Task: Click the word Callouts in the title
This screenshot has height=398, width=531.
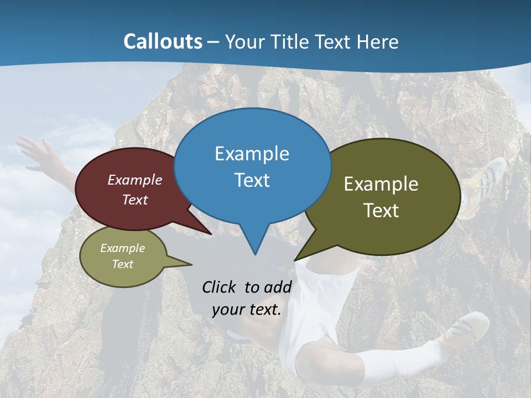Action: (163, 41)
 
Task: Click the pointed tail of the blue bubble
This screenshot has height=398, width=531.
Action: (254, 243)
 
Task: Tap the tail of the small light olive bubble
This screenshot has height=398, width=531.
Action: (180, 263)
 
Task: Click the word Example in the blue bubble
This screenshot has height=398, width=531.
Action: (252, 154)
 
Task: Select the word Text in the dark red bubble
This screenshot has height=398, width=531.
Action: (135, 200)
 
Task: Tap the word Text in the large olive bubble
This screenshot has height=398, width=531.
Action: (381, 211)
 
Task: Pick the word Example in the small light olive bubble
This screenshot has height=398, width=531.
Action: (122, 248)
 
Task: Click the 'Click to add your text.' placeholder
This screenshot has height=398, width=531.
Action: (246, 298)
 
